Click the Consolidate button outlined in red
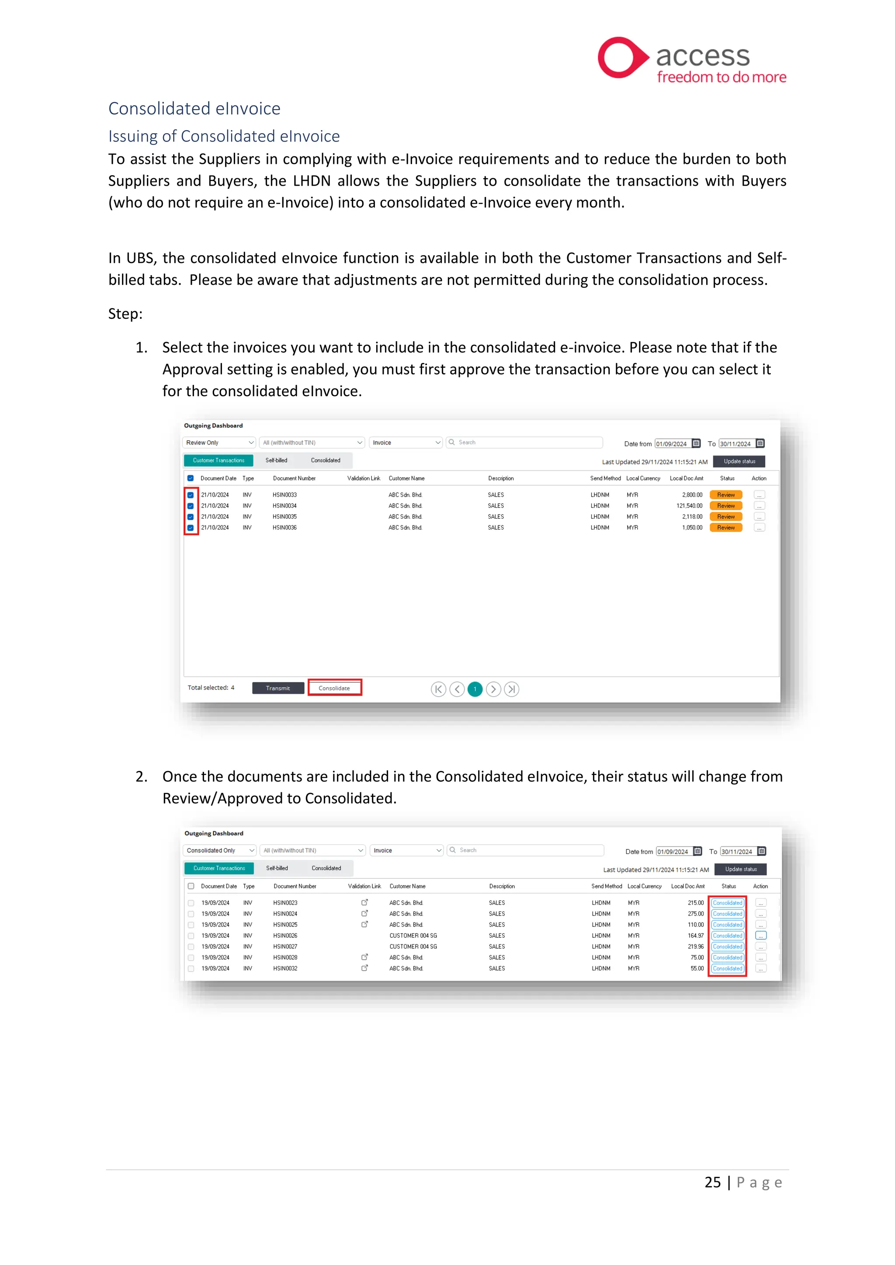tap(334, 688)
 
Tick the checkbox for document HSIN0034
tap(191, 506)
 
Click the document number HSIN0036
tap(284, 528)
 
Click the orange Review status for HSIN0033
tap(725, 495)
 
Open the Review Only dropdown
tap(219, 442)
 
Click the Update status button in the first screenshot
tap(739, 461)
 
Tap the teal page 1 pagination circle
tap(475, 689)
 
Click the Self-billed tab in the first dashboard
tap(276, 460)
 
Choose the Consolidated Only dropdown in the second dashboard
tap(219, 850)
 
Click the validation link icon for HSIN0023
tap(364, 902)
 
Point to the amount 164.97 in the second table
tap(695, 936)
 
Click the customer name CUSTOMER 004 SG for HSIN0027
tap(413, 947)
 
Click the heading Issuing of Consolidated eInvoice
tap(224, 136)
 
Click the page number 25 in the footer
tap(712, 1182)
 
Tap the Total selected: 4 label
tap(211, 688)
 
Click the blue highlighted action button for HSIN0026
tap(760, 936)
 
